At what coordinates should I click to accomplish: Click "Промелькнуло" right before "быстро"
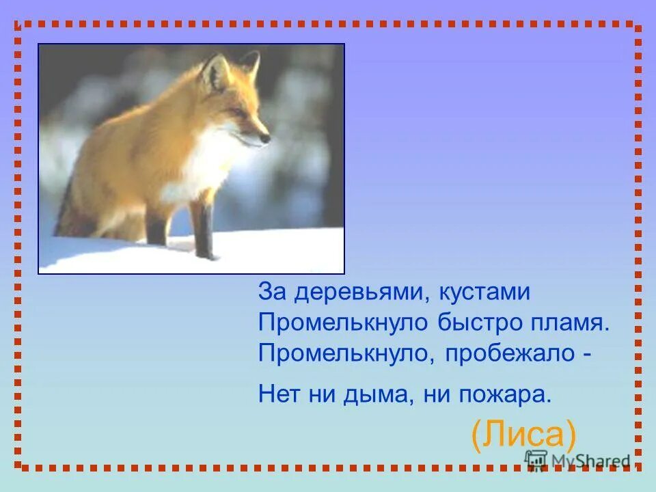[344, 323]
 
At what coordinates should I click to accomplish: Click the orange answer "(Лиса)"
[524, 433]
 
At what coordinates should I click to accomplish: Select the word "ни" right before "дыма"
[318, 394]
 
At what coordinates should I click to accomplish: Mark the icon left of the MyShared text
[536, 460]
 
